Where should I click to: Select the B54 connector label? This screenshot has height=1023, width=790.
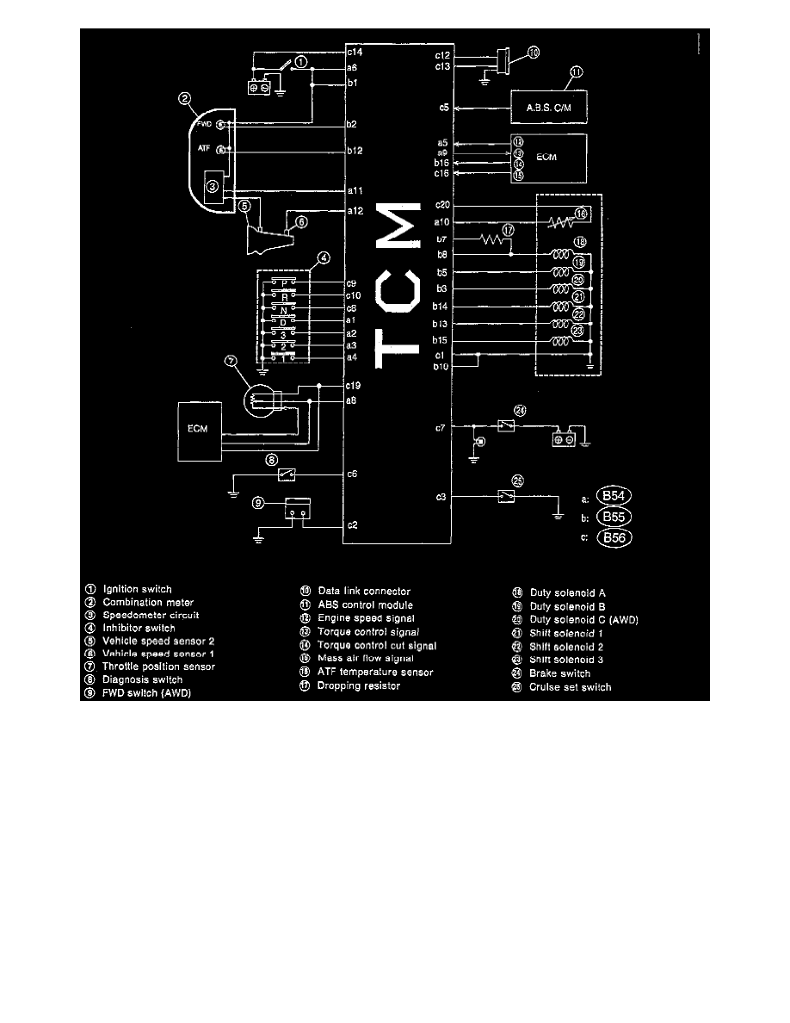tap(614, 497)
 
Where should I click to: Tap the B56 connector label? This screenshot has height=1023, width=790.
tap(614, 538)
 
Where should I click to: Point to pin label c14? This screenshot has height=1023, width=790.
tap(352, 53)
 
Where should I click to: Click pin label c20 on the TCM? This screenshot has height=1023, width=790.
tap(442, 205)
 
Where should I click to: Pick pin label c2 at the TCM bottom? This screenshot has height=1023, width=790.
tap(352, 524)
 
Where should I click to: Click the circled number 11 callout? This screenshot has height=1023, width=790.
tap(576, 72)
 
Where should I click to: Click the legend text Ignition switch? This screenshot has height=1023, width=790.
tap(137, 590)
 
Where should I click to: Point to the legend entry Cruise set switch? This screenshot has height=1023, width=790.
tap(570, 687)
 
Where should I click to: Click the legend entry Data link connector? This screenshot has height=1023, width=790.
tap(363, 591)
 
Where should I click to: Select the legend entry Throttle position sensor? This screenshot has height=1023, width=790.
tap(158, 666)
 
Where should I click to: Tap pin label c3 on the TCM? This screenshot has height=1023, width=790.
tap(441, 497)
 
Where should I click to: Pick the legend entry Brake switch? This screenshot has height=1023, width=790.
tap(559, 674)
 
